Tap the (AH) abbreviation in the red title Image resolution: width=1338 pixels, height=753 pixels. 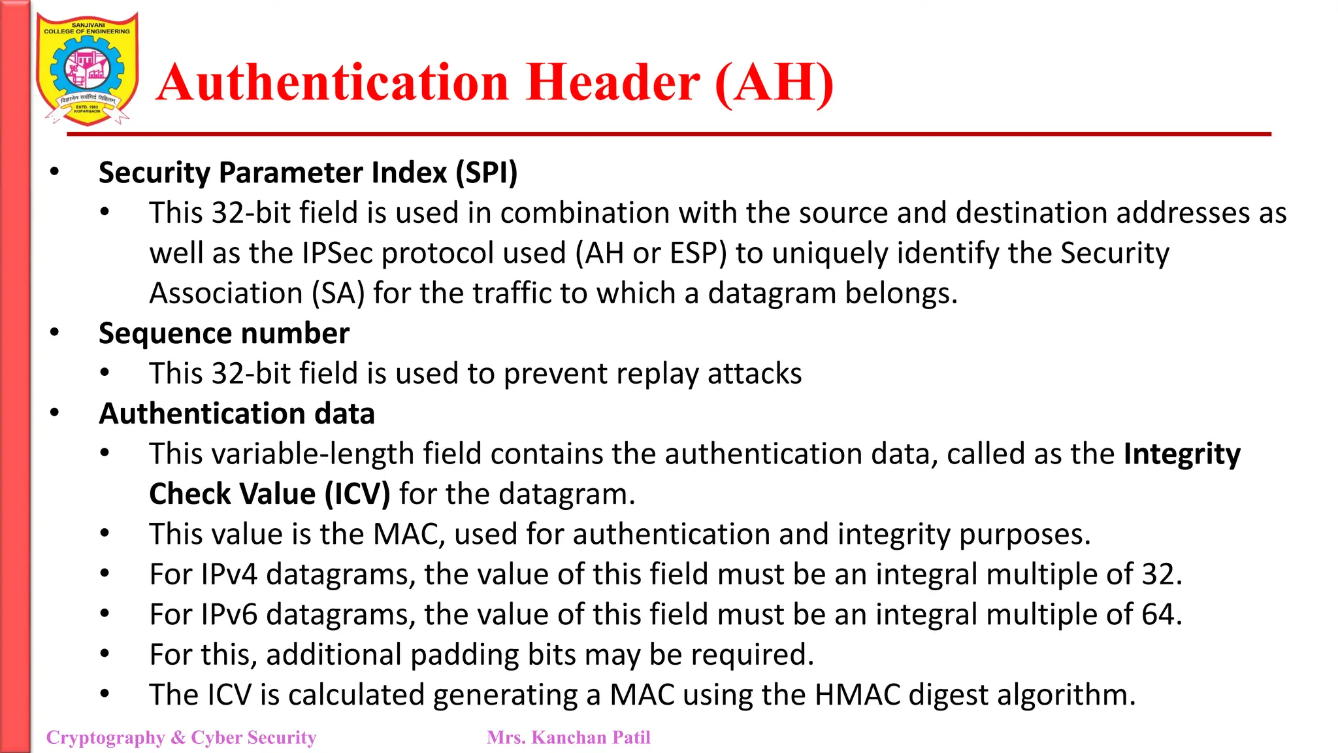775,83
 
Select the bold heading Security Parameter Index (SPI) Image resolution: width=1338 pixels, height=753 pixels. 308,173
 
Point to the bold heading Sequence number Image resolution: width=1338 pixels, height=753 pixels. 224,334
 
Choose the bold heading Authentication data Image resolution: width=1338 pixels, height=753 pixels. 237,414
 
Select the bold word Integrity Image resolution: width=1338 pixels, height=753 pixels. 1182,454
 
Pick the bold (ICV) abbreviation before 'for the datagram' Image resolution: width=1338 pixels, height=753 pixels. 357,494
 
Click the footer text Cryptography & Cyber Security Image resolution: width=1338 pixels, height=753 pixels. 181,737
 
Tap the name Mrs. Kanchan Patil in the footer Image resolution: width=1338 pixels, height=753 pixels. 568,737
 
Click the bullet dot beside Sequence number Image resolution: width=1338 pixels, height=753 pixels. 55,333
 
